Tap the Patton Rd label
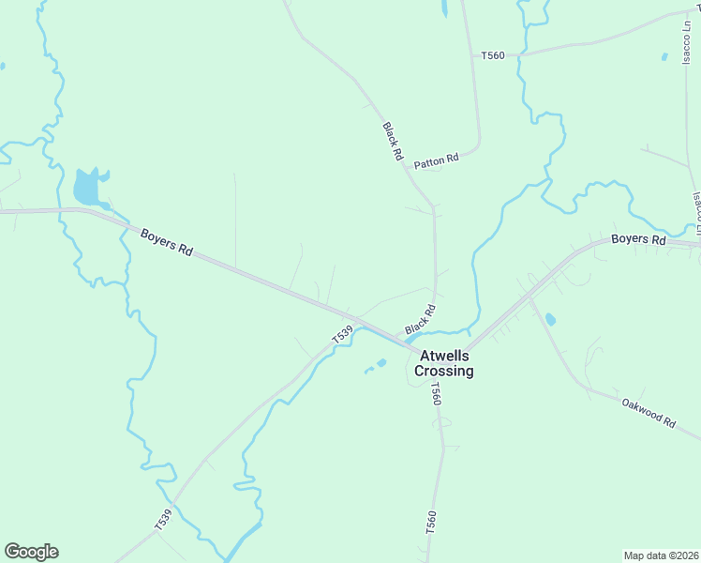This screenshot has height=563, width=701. [438, 160]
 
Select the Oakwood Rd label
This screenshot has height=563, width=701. [649, 412]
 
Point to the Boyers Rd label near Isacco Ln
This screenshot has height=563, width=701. [638, 240]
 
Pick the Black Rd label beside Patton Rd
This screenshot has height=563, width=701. [393, 141]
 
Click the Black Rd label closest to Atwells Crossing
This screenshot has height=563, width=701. [422, 320]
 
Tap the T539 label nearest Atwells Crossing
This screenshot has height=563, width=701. [342, 333]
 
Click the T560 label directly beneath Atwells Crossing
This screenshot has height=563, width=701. [435, 394]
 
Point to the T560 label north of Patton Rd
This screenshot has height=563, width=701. [493, 56]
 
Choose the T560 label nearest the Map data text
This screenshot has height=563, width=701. [431, 523]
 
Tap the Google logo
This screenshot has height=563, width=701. [31, 552]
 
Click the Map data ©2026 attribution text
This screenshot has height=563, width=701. [660, 555]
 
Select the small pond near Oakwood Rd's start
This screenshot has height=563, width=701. [550, 320]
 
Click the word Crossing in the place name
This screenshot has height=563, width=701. [446, 372]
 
